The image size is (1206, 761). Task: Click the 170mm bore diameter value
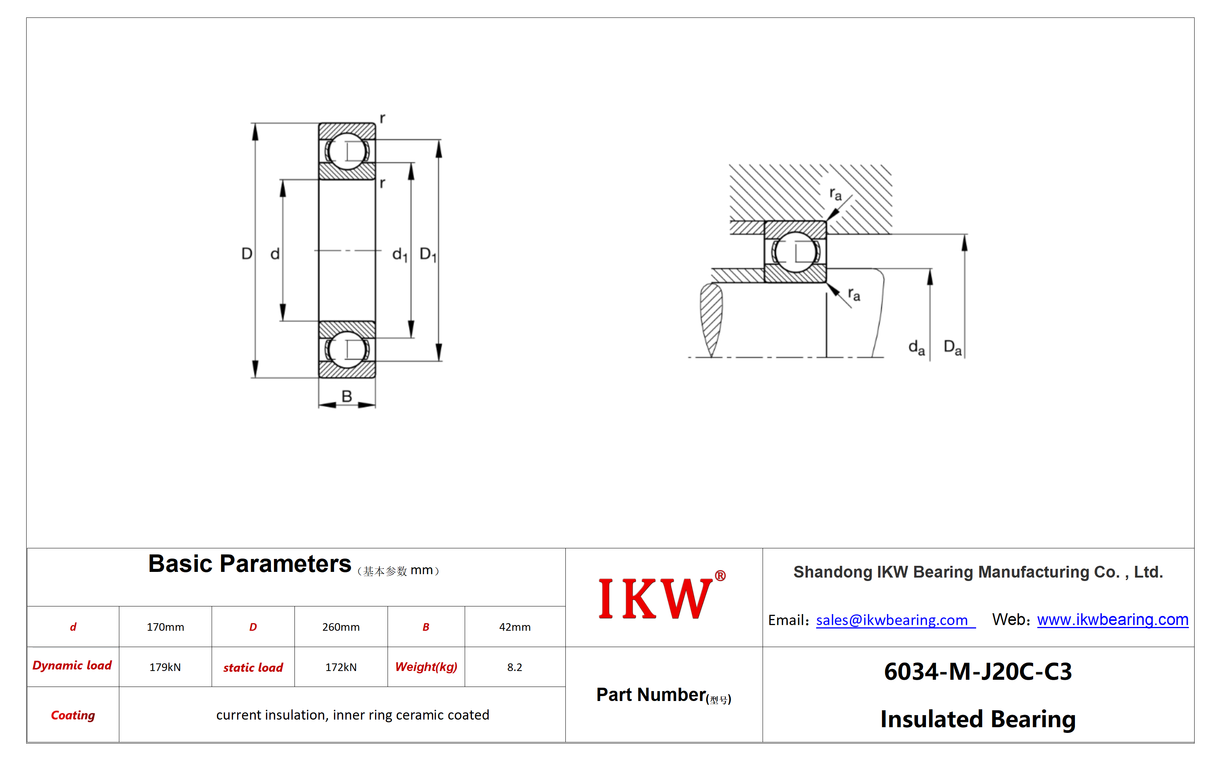[x=165, y=627]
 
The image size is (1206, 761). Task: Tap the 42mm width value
[x=515, y=627]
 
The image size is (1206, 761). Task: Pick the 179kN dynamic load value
[x=165, y=667]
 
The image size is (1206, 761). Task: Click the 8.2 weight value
[x=514, y=667]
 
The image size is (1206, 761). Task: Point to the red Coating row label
[x=73, y=715]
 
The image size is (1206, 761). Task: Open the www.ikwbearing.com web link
[x=1113, y=619]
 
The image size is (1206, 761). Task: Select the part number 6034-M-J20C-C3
[x=978, y=671]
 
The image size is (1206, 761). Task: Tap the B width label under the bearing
[x=347, y=396]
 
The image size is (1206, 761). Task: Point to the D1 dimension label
[x=428, y=254]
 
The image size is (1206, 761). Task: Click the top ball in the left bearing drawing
[x=347, y=151]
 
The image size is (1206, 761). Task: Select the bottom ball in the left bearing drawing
[x=347, y=349]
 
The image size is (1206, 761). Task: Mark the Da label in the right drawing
[x=953, y=347]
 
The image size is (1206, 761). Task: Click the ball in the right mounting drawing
[x=795, y=252]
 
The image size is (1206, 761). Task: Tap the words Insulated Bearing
[x=978, y=720]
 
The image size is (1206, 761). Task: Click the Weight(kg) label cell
[x=426, y=667]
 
